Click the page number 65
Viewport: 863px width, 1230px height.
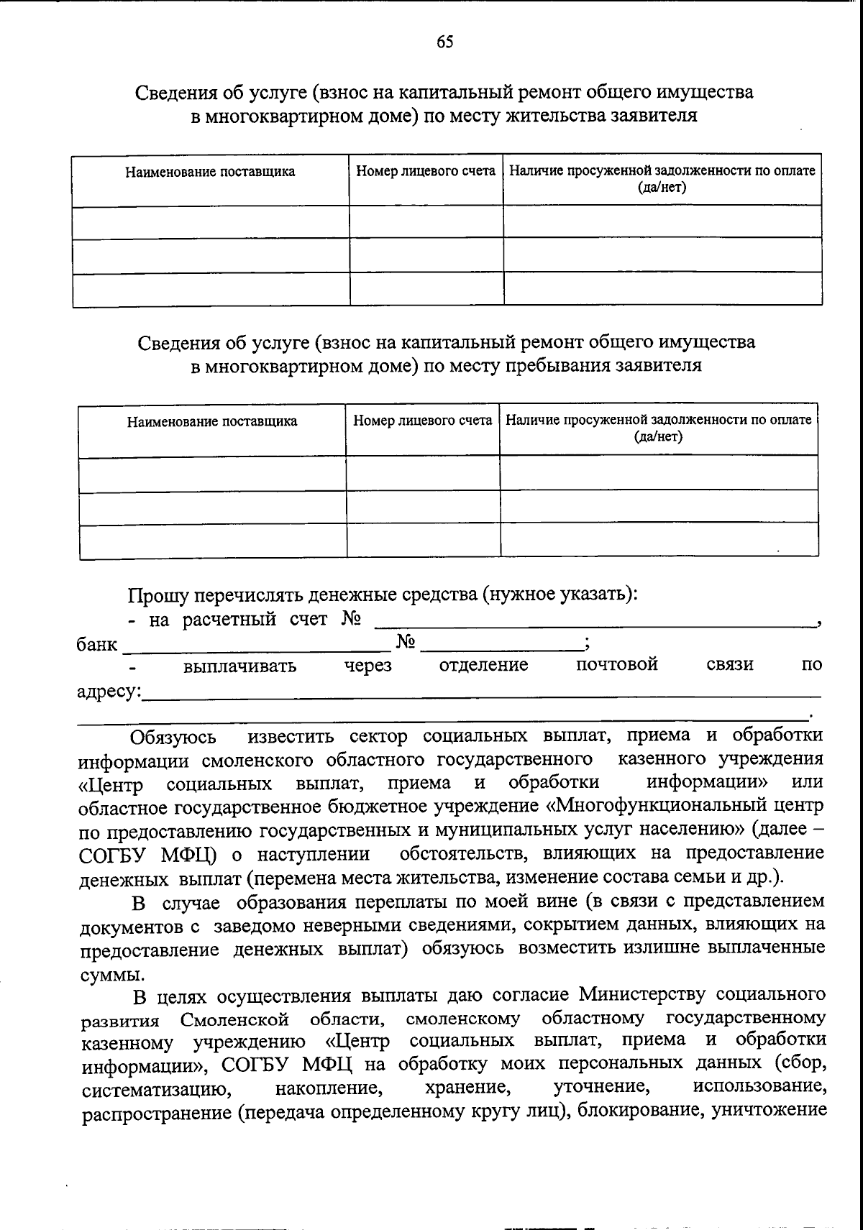(445, 42)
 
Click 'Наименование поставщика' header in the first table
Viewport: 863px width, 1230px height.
(210, 172)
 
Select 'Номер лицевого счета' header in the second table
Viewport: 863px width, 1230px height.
(422, 420)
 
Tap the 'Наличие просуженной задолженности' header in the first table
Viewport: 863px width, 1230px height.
(662, 171)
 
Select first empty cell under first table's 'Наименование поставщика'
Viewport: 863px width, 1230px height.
(211, 221)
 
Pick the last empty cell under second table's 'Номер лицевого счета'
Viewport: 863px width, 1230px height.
(423, 541)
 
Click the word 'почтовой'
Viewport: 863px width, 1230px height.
(617, 665)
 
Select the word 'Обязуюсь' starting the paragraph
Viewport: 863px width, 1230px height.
(173, 738)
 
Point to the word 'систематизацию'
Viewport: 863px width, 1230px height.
(156, 1089)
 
